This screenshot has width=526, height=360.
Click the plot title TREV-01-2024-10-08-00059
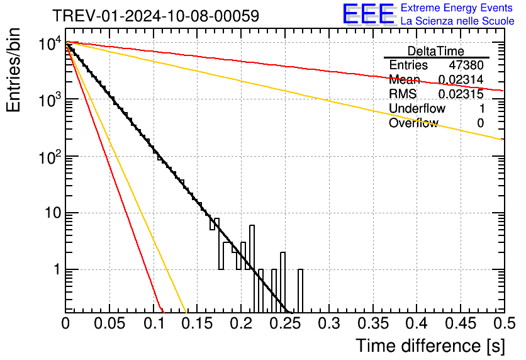tap(155, 16)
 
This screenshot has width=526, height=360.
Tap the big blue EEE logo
tap(369, 14)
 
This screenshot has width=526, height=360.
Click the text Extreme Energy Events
tap(457, 8)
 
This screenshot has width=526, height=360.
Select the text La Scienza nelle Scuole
tap(457, 21)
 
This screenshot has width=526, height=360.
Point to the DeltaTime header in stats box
tap(436, 51)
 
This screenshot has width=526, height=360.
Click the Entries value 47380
tap(466, 65)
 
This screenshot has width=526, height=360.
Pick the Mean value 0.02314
tap(461, 80)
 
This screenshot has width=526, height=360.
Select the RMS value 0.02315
tap(461, 94)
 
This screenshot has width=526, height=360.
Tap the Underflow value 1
tap(481, 109)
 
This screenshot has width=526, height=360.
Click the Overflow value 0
tap(480, 123)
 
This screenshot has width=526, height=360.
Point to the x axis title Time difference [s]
tap(430, 346)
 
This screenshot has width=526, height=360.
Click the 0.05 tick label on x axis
tap(109, 323)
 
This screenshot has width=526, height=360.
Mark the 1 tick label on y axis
tap(55, 270)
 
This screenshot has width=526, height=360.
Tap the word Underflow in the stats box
tap(417, 109)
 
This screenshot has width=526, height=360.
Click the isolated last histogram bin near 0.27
tap(300, 290)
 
